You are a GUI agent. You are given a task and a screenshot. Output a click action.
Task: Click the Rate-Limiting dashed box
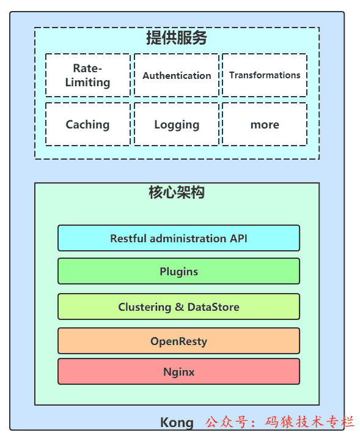[x=87, y=75]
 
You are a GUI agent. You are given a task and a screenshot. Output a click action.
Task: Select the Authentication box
[x=177, y=75]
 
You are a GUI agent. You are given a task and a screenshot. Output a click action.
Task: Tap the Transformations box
[x=265, y=75]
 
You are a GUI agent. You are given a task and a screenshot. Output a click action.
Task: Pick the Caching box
[x=87, y=124]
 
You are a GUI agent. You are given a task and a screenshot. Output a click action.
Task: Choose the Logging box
[x=177, y=124]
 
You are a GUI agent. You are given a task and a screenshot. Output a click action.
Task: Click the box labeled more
[x=265, y=124]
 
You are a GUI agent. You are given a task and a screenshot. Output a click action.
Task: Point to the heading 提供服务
[x=177, y=38]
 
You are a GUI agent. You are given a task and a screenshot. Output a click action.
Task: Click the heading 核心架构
[x=177, y=193]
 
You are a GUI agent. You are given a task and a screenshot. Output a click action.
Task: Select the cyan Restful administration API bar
[x=178, y=238]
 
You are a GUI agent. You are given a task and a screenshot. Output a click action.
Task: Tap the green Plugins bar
[x=178, y=271]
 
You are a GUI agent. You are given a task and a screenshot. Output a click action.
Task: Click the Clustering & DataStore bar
[x=178, y=307]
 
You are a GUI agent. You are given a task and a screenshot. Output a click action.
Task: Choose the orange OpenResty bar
[x=178, y=341]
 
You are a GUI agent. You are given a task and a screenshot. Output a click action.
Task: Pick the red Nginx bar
[x=178, y=371]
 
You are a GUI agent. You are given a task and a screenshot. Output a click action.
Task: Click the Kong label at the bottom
[x=177, y=422]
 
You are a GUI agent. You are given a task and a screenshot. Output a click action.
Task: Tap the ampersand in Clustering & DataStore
[x=179, y=307]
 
